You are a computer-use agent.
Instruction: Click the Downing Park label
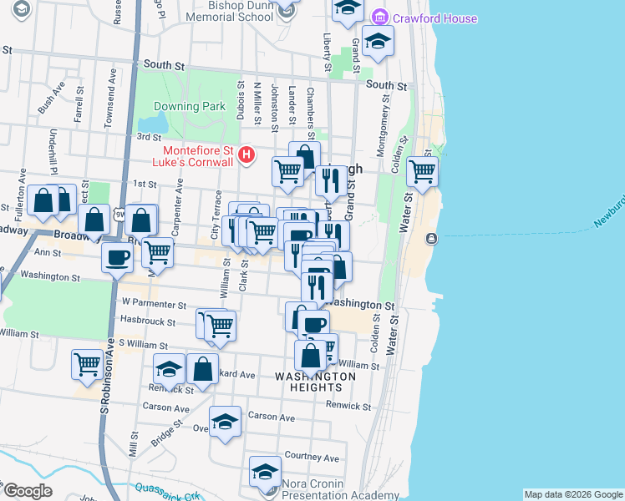(190, 107)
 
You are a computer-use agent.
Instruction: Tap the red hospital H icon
(246, 154)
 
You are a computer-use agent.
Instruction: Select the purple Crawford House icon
(380, 18)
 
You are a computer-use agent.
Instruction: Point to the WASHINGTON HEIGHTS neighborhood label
(316, 382)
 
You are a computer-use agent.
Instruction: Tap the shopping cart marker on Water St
(422, 172)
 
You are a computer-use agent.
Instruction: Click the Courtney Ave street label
(312, 458)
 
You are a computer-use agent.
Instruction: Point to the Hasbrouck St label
(147, 321)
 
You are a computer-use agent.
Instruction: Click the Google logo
(27, 492)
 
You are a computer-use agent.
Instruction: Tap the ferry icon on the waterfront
(431, 239)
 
